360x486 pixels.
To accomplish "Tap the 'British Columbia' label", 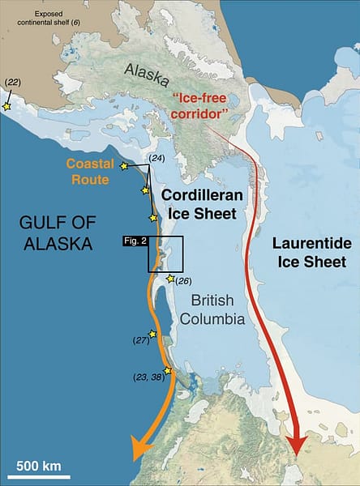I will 216,310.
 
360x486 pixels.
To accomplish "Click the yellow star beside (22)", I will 7,106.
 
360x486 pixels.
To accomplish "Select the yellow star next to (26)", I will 169,279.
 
